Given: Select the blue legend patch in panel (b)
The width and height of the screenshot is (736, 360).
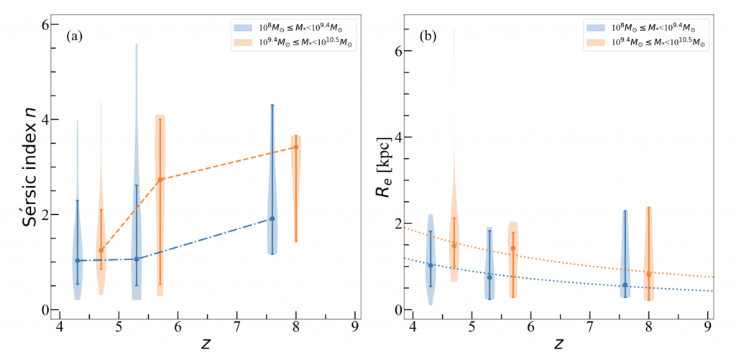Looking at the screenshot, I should (x=596, y=27).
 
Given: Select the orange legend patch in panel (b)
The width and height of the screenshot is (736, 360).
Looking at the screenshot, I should (x=596, y=43).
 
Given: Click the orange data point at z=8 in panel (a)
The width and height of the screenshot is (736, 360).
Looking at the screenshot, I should (x=296, y=147).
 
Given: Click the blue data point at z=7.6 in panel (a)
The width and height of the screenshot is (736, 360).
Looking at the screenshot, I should (x=272, y=218).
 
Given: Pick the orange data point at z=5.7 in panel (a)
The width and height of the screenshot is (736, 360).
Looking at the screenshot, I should (x=160, y=179).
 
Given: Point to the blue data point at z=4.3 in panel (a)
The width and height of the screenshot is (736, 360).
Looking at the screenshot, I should (x=78, y=260).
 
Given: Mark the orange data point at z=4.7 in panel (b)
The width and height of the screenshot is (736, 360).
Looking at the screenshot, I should (x=454, y=246).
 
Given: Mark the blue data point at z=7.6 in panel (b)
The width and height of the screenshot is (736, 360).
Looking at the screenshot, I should (x=625, y=285).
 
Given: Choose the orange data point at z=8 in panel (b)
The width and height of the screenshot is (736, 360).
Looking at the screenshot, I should (x=649, y=274).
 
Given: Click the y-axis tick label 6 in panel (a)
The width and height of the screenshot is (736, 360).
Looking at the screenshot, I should (x=45, y=24).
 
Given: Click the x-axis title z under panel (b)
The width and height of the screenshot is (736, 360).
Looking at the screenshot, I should (x=561, y=345).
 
